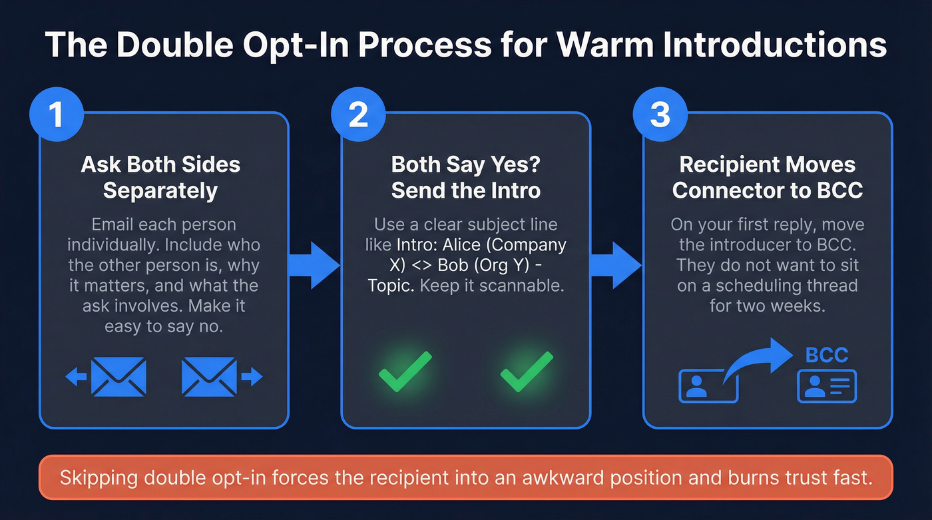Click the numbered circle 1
click(57, 115)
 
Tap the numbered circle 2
click(358, 115)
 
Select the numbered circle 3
click(660, 115)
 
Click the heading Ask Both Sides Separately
click(160, 177)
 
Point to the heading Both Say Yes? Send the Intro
click(465, 177)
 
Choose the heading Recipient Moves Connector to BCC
click(768, 177)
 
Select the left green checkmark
click(405, 371)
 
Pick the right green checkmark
click(526, 371)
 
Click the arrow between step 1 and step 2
click(315, 266)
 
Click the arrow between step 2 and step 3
click(616, 266)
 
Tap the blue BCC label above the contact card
click(826, 355)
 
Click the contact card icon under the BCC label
click(826, 386)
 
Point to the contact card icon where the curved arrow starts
click(707, 387)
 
